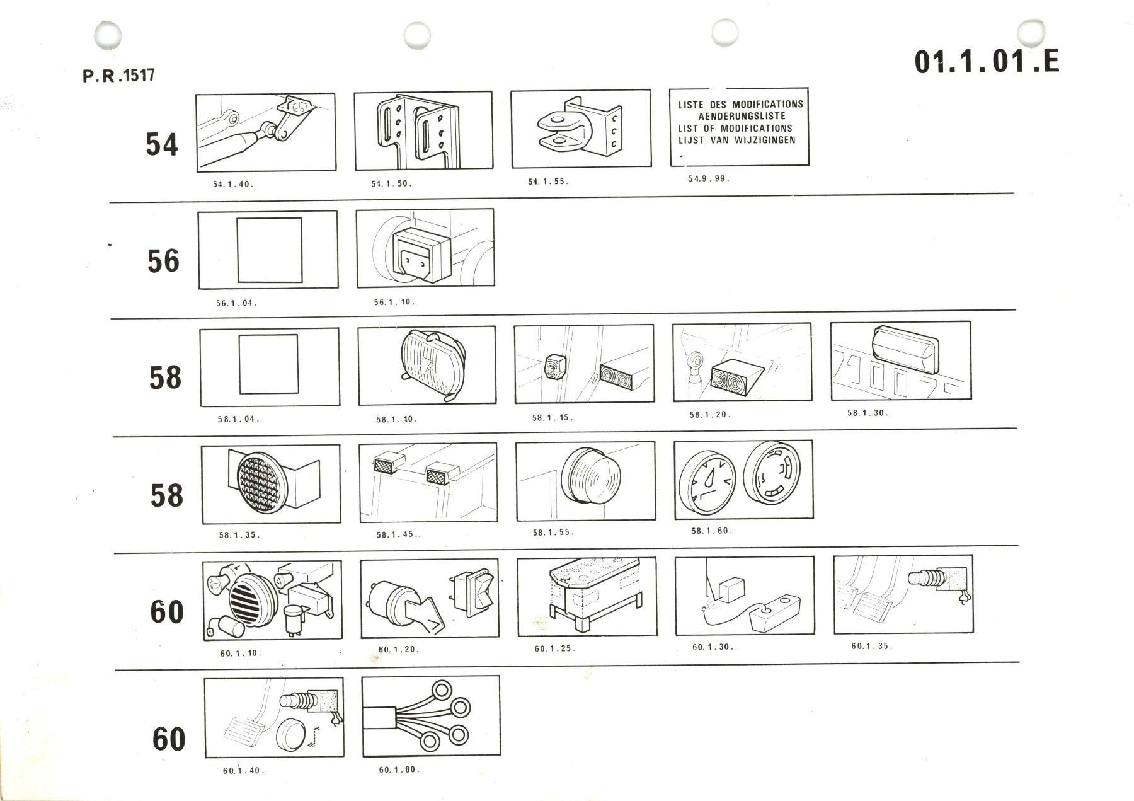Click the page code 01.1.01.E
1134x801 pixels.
[x=987, y=62]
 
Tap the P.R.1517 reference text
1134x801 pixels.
[x=118, y=76]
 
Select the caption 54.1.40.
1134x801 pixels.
[x=233, y=184]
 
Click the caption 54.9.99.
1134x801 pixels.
[x=709, y=178]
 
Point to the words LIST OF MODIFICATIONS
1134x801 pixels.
[x=736, y=129]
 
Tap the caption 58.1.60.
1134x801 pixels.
[x=712, y=531]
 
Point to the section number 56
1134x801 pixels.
[x=163, y=261]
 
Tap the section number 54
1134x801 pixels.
[x=162, y=144]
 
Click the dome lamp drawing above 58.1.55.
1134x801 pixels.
[x=591, y=479]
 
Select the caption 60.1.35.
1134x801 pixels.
[x=872, y=646]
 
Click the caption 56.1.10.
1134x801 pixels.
[x=394, y=302]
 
